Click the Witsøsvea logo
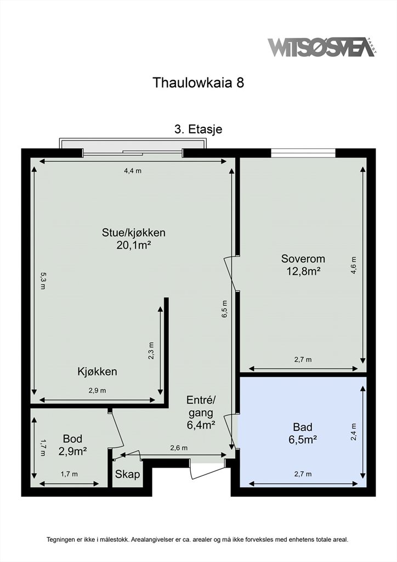click(322, 47)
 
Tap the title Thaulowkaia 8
click(198, 82)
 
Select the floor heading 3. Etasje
click(198, 129)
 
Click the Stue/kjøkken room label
click(134, 233)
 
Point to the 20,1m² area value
click(133, 245)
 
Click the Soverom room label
click(303, 258)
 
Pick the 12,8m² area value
click(303, 271)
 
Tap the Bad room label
click(303, 427)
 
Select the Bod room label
click(73, 439)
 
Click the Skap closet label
click(127, 475)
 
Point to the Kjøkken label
click(98, 372)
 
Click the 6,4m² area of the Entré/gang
click(201, 425)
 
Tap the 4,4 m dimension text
click(133, 171)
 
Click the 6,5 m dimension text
click(225, 309)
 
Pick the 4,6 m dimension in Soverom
click(353, 265)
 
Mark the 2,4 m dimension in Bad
click(354, 432)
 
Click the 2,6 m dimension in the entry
click(179, 448)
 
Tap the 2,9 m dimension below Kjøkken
click(98, 391)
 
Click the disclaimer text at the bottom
click(197, 539)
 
